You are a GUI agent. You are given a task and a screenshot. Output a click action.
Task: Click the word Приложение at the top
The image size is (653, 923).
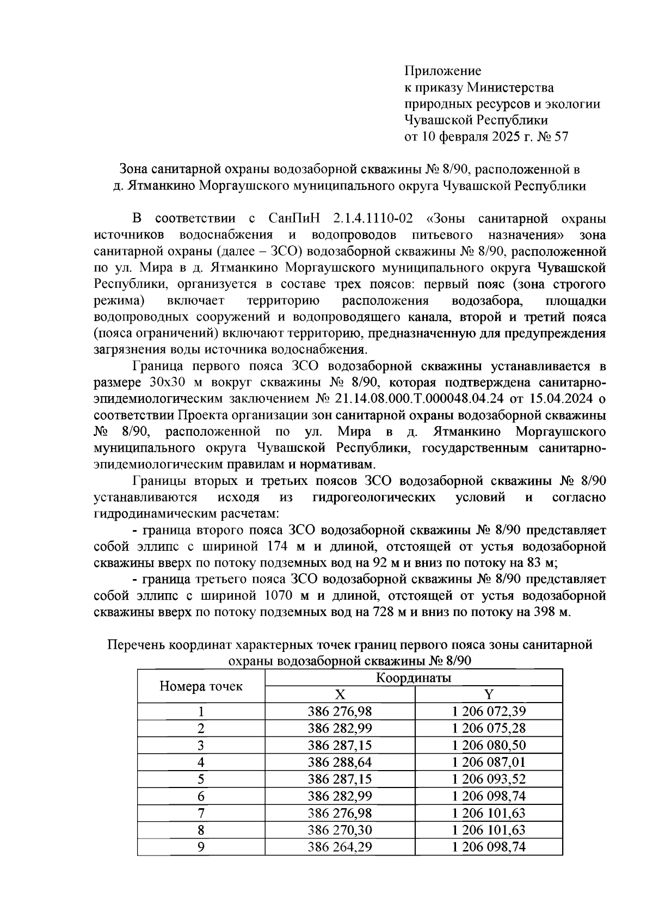pos(442,71)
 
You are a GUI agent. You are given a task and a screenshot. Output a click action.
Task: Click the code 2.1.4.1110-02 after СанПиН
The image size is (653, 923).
pos(371,219)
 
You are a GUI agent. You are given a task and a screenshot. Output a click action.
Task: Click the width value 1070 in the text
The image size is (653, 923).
pos(278,595)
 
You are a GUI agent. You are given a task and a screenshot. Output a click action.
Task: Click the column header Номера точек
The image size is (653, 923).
pos(201,686)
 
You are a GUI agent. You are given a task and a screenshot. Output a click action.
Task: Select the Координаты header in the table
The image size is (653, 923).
pos(414,678)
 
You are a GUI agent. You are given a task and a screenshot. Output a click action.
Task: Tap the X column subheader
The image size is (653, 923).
pos(340,694)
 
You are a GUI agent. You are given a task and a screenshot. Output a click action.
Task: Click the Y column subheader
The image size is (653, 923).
pos(489,694)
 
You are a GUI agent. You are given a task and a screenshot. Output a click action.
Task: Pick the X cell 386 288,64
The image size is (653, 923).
pos(340,762)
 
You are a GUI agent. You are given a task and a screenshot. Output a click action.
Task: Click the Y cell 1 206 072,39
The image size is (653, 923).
pos(489,711)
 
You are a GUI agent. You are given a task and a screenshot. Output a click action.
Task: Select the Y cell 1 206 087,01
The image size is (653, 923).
pos(489,762)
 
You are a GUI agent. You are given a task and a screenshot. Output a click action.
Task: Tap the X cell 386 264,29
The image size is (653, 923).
pos(340,847)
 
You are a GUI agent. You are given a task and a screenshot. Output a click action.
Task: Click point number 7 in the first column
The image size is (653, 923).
pos(201,813)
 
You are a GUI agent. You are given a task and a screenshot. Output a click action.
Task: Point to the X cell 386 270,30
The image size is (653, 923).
pos(340,830)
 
